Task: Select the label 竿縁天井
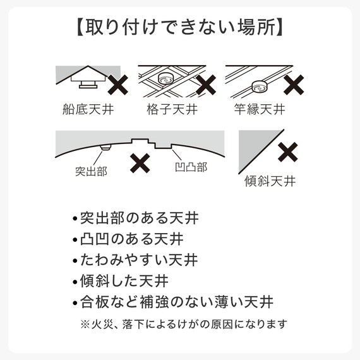pyautogui.click(x=260, y=109)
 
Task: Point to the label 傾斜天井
pyautogui.click(x=270, y=182)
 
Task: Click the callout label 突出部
pyautogui.click(x=90, y=171)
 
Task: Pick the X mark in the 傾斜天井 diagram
pyautogui.click(x=288, y=152)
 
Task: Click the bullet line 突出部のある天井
pyautogui.click(x=135, y=220)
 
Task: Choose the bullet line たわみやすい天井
pyautogui.click(x=135, y=260)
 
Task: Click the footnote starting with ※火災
pyautogui.click(x=184, y=324)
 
